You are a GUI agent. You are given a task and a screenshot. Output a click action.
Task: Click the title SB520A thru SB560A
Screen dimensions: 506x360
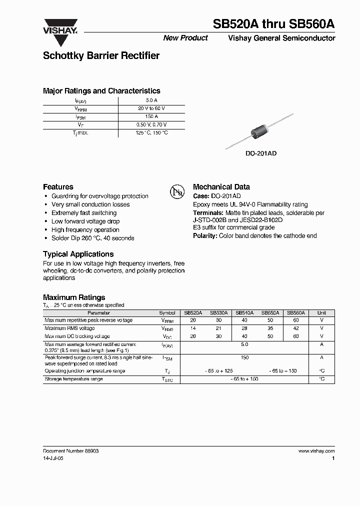(274, 24)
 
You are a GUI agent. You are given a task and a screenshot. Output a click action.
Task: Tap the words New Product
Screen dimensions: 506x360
(185, 38)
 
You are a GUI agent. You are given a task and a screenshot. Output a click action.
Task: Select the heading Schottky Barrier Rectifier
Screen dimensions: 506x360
(101, 55)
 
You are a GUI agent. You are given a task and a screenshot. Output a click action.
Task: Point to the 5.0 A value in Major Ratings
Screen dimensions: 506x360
(151, 100)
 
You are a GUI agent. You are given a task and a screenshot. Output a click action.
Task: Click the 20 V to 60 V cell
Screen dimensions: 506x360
(151, 108)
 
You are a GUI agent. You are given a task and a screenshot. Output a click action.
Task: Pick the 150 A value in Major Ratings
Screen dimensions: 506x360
(151, 116)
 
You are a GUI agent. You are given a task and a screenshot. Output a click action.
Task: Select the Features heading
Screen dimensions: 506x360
(58, 186)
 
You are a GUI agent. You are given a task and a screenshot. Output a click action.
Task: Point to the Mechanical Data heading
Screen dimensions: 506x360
(221, 186)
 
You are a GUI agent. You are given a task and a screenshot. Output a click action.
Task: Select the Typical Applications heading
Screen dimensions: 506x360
(78, 254)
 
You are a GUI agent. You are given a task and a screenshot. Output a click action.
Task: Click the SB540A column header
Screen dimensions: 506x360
(244, 312)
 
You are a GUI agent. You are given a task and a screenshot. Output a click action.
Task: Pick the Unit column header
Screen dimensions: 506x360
(321, 312)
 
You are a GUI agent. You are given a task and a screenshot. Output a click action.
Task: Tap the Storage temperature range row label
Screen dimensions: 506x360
(74, 379)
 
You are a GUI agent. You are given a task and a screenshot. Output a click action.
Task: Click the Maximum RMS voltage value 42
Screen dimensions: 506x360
(296, 328)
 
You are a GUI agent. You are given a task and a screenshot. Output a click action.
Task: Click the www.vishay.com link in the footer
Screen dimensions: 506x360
(316, 450)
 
